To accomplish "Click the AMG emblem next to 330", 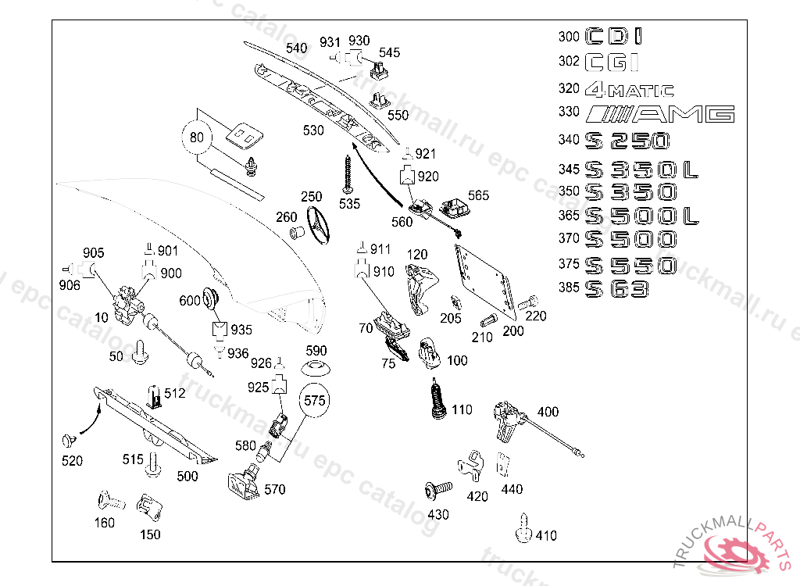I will click(x=661, y=115).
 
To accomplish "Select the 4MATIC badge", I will click(x=630, y=89).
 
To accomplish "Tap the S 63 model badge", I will click(x=618, y=289).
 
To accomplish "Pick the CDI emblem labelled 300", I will click(x=615, y=36).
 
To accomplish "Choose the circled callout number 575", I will click(x=314, y=401).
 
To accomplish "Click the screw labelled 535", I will click(x=348, y=174).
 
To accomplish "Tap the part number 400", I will click(x=548, y=412).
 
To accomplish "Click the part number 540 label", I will click(x=296, y=48).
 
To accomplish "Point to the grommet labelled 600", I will click(x=210, y=297).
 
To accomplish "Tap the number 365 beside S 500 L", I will click(x=569, y=216).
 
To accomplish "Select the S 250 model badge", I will click(x=627, y=141).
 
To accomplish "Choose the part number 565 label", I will click(x=478, y=195).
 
